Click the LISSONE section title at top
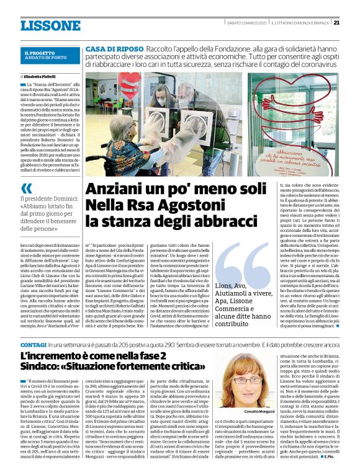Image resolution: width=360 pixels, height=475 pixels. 50,25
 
